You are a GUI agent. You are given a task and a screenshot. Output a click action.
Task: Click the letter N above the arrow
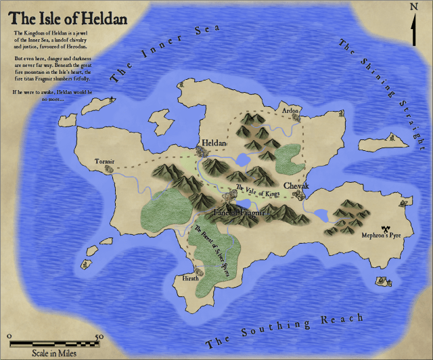(x=413, y=7)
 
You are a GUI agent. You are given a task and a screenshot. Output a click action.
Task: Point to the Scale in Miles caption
(x=53, y=353)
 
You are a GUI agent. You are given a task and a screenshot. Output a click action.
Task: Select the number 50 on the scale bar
(x=99, y=336)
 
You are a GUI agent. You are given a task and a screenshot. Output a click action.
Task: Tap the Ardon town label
(x=290, y=110)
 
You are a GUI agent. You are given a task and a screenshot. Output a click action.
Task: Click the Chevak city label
(x=296, y=186)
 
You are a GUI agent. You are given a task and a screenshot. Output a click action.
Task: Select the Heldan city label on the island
(x=214, y=143)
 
